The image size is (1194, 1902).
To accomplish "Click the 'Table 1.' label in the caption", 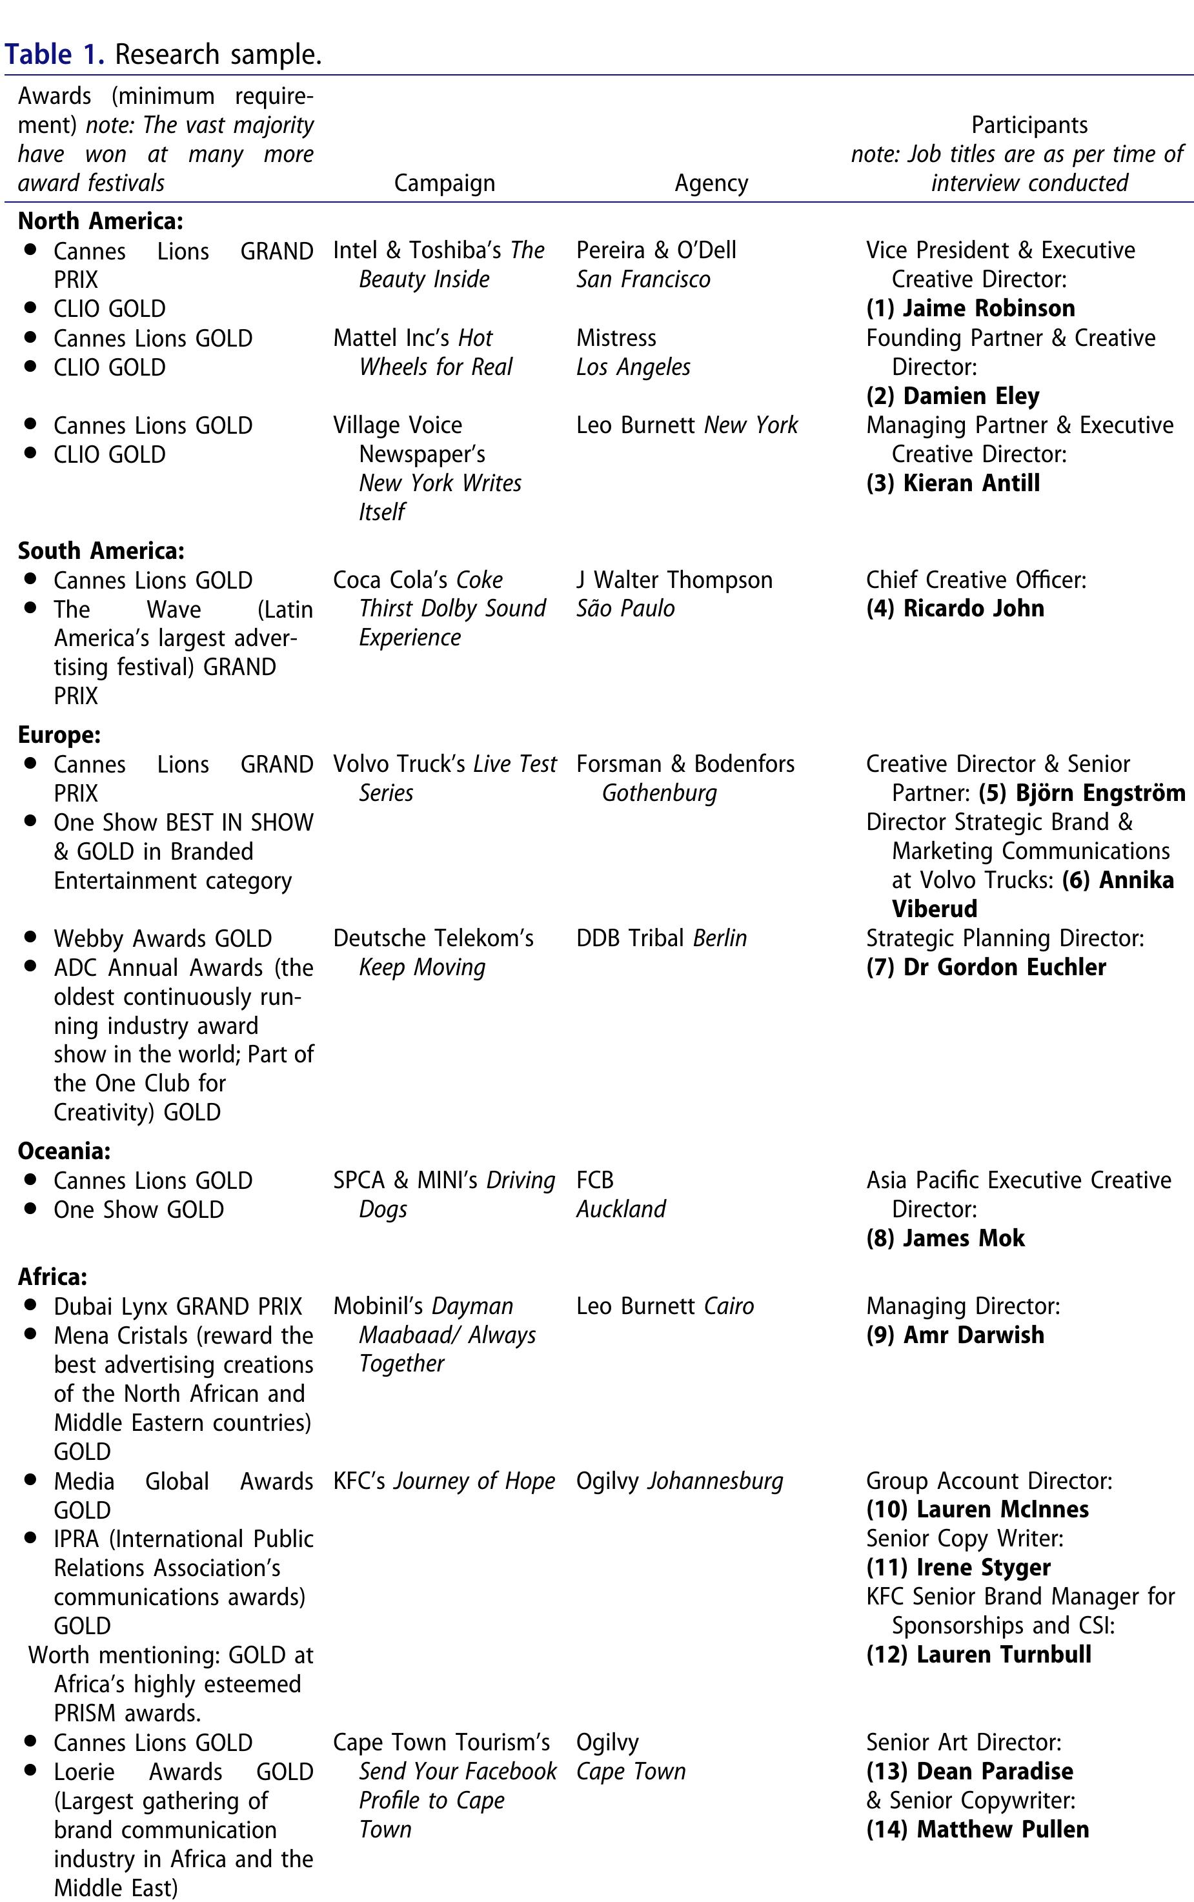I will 54,54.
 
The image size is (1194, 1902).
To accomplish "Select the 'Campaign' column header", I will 444,183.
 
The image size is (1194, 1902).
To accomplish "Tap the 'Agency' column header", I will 711,183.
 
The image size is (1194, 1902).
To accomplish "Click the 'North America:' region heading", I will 100,221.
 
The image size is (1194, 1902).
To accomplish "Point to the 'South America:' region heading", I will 101,551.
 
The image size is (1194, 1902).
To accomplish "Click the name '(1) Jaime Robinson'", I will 970,308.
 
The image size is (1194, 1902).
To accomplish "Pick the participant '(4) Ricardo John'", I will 955,608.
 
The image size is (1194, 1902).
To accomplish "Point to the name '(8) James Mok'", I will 946,1237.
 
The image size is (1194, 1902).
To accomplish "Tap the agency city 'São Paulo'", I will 625,608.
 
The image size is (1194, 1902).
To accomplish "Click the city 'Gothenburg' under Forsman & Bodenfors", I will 660,793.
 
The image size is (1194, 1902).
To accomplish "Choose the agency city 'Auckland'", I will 621,1209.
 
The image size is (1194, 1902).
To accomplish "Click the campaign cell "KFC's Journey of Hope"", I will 444,1481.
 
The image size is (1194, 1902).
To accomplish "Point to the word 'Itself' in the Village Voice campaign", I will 382,512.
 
